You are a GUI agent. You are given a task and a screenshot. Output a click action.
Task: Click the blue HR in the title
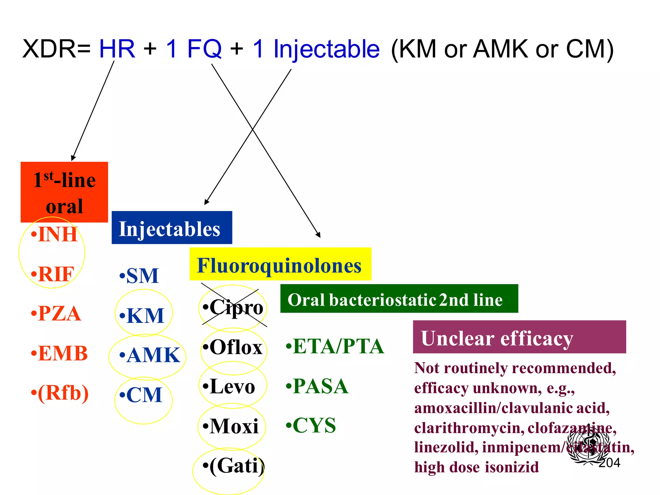117,49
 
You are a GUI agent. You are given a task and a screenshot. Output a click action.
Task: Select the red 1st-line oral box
64,192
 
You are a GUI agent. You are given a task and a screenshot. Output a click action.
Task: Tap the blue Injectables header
171,228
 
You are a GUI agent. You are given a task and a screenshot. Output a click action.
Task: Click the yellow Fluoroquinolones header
280,264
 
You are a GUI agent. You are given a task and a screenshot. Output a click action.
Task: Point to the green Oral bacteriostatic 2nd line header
399,299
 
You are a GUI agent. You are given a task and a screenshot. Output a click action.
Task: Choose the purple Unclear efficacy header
519,337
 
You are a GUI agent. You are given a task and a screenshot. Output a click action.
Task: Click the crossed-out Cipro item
233,307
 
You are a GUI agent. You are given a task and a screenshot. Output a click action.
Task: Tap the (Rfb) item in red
60,393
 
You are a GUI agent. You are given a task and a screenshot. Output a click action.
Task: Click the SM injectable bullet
139,276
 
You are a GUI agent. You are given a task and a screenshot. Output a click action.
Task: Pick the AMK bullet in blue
150,355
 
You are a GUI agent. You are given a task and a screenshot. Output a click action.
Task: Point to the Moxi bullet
231,426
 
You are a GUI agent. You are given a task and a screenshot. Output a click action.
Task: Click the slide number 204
609,463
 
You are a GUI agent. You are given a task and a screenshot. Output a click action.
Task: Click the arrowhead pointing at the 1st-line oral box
73,158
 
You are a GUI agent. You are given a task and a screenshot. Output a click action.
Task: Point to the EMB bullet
59,353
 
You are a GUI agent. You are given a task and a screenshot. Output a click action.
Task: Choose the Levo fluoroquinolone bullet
229,387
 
